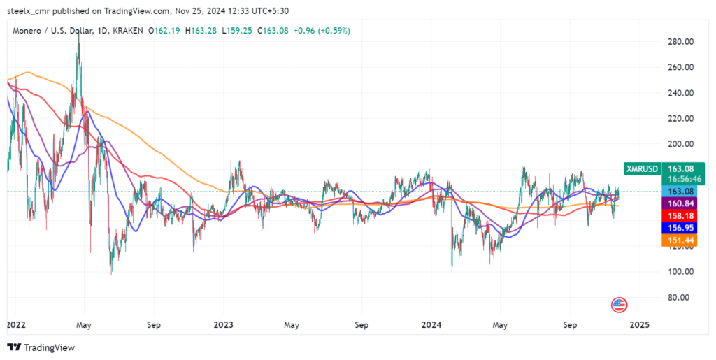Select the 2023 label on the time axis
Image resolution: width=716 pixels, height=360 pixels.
[223, 325]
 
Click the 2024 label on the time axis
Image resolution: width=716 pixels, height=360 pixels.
[431, 325]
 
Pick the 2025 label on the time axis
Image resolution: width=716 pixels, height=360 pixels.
[639, 325]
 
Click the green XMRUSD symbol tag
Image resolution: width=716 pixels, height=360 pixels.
[641, 168]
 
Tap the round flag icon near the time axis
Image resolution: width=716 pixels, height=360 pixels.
[619, 304]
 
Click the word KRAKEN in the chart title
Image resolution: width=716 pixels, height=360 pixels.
[127, 31]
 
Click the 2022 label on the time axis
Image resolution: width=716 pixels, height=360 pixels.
[15, 325]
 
